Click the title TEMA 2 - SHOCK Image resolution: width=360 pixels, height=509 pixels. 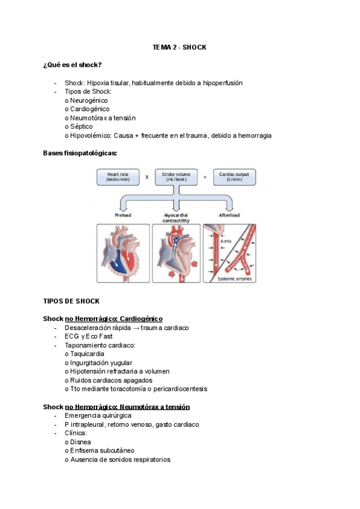(179, 47)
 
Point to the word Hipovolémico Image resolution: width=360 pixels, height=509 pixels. (90, 136)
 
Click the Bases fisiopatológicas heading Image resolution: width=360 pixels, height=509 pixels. (80, 154)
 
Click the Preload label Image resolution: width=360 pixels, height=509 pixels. (124, 214)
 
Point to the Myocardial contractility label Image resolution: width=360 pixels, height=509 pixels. (176, 217)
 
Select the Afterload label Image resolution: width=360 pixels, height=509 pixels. (230, 214)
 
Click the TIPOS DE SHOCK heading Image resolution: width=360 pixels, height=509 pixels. (71, 301)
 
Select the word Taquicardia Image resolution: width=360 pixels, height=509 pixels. (87, 354)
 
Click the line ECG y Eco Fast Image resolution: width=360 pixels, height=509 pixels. (88, 336)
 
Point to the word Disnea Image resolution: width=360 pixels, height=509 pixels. (80, 442)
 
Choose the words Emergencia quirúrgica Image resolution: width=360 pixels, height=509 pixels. (98, 415)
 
